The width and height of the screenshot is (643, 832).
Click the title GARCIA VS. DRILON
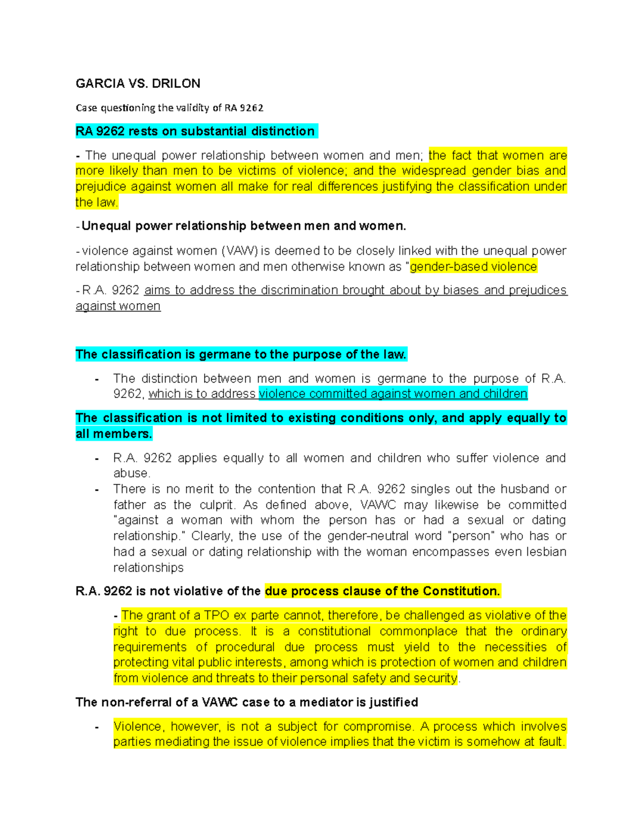[138, 84]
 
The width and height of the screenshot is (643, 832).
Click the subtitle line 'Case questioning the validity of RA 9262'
[169, 108]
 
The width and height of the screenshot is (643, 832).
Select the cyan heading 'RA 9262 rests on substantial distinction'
[196, 131]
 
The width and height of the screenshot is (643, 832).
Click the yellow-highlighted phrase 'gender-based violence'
[473, 267]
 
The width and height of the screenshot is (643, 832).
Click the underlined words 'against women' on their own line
[118, 306]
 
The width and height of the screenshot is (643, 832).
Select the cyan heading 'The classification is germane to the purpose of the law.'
[241, 354]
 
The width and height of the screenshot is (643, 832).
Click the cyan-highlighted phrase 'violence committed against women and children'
[393, 394]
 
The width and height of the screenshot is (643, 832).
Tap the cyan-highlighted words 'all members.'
[114, 434]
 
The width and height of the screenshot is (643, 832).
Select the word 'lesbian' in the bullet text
[546, 552]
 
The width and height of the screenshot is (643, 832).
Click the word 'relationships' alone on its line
[148, 567]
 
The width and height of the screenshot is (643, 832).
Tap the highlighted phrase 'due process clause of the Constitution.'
[382, 591]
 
